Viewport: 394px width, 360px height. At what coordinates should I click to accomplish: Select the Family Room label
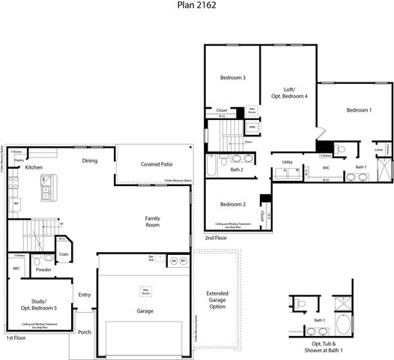click(x=152, y=221)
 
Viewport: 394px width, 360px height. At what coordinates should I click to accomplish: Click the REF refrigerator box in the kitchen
click(x=15, y=203)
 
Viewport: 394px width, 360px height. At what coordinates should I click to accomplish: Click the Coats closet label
click(x=64, y=254)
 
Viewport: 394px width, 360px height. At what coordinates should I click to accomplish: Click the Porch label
click(x=84, y=332)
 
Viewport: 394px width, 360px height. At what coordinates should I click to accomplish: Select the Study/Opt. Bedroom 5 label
click(x=38, y=305)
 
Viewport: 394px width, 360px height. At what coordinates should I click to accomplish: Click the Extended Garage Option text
click(x=217, y=300)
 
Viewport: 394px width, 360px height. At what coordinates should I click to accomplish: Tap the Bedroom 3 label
click(x=232, y=78)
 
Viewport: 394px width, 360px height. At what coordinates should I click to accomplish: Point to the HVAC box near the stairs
click(x=253, y=127)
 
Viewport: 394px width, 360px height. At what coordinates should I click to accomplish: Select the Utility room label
click(x=287, y=162)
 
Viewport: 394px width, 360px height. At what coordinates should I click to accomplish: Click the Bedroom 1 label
click(x=358, y=111)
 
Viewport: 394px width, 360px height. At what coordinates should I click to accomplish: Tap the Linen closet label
click(x=379, y=150)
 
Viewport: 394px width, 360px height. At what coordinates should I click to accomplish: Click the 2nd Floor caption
click(x=215, y=238)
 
